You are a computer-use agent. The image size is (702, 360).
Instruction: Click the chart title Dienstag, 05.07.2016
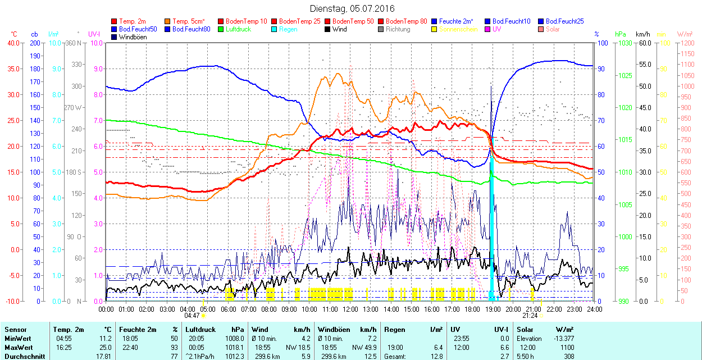352,8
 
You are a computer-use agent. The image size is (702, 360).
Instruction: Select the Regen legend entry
288,29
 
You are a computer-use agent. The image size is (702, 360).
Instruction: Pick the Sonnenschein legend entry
458,29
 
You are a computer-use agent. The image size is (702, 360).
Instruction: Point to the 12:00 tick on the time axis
350,309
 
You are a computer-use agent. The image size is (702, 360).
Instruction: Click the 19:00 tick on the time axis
493,309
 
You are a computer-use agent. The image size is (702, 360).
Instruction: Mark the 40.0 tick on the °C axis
12,43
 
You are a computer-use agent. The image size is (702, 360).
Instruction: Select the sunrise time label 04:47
192,316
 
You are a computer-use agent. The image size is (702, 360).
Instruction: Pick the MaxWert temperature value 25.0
105,348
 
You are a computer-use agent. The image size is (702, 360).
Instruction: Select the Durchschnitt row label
24,357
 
